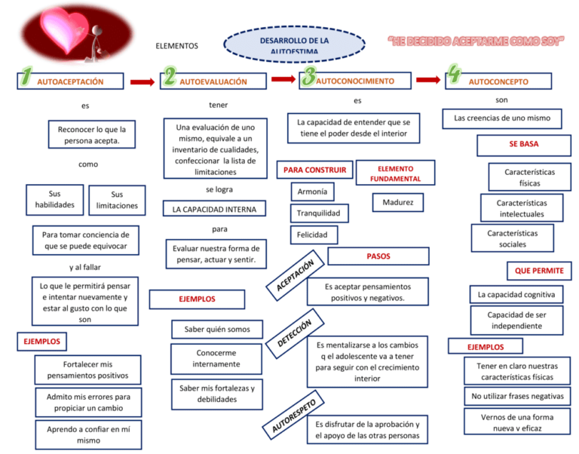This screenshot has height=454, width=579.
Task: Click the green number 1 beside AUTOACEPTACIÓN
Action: coord(26,76)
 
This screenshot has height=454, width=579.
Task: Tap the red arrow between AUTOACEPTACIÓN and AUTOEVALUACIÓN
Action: coord(142,82)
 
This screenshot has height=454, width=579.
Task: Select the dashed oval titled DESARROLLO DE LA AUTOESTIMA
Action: coord(294,44)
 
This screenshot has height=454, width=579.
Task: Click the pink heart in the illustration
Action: coord(66,29)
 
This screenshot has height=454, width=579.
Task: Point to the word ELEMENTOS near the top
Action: coord(177,46)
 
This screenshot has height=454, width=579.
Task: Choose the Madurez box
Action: coord(398,202)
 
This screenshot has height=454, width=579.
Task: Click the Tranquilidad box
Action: coord(319,213)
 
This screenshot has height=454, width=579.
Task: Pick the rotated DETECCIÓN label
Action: coord(295,333)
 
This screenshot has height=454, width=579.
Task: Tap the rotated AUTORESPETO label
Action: coord(293,416)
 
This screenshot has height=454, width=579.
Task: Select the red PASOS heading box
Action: coord(378,256)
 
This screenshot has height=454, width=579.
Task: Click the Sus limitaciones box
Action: coord(117,200)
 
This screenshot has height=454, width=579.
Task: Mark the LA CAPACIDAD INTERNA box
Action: coord(214,209)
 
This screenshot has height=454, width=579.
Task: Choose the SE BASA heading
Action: coord(524,145)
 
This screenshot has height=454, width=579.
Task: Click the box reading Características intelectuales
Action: coord(522,208)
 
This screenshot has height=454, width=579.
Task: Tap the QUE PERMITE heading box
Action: coord(539,271)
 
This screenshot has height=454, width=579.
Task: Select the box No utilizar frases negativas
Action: coord(517,396)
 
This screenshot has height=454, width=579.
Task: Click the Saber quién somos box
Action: coord(217,329)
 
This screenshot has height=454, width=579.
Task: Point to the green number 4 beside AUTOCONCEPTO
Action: coord(454,73)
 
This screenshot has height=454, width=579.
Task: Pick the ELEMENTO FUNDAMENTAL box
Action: coord(396,173)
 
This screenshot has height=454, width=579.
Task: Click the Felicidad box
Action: coord(314,235)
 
